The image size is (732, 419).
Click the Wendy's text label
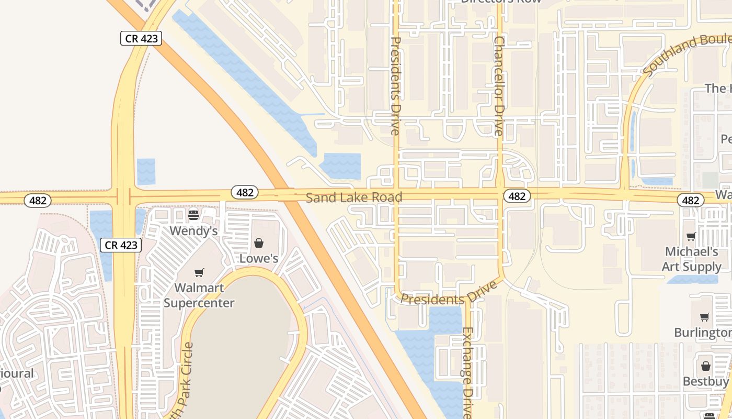(193, 230)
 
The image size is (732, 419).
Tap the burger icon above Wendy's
(193, 215)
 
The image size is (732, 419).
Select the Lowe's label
(258, 258)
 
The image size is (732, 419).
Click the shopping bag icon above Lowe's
(258, 243)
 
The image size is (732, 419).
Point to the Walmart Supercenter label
(199, 295)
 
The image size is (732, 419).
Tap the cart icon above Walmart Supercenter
(199, 272)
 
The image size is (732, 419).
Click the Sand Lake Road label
(354, 197)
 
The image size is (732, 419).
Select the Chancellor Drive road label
(499, 86)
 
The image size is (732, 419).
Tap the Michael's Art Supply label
(691, 259)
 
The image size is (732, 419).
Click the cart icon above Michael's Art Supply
(691, 237)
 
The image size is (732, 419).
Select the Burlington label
(702, 333)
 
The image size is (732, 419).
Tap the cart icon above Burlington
(705, 317)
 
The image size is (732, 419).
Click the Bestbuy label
(705, 381)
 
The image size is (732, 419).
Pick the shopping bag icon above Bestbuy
(705, 366)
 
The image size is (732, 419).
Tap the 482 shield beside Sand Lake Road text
(245, 192)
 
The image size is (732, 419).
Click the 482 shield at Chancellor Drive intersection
(517, 196)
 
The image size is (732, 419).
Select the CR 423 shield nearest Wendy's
(121, 245)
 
